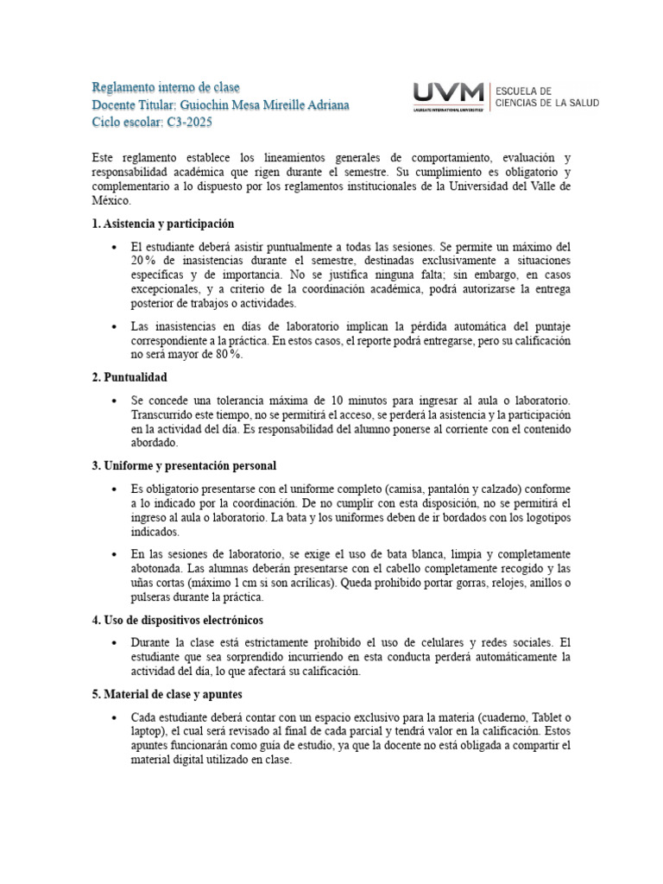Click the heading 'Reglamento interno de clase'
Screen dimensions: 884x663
pos(166,88)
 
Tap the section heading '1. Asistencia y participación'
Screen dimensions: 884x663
pos(163,224)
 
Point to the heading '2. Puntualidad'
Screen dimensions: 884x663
pos(129,377)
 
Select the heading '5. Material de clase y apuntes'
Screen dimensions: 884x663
pos(167,693)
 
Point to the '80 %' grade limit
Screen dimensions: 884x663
pos(226,355)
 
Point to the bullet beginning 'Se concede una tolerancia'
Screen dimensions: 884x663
pos(116,401)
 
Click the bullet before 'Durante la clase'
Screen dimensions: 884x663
pos(116,643)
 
